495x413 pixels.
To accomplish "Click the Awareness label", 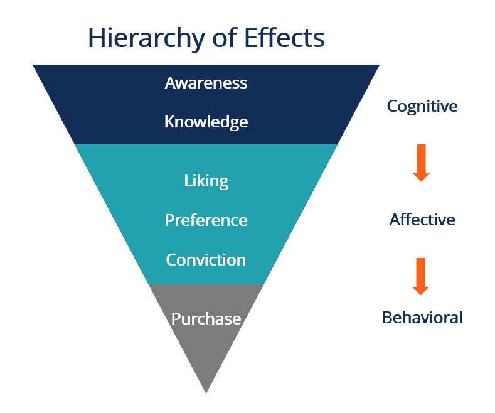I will [206, 83].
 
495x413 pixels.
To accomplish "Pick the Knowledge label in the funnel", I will [206, 122].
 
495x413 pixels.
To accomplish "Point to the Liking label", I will [206, 181].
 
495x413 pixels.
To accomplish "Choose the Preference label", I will [206, 221].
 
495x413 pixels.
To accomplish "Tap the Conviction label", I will [206, 260].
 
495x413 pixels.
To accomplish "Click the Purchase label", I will [206, 319].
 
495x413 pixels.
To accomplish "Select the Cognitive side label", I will [422, 106].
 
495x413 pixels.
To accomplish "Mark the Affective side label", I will [422, 220].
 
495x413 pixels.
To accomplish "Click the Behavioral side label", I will [422, 318].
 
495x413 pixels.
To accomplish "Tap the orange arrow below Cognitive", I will [421, 163].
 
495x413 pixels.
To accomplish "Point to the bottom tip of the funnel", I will [206, 392].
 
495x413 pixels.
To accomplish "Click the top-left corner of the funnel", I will [35, 65].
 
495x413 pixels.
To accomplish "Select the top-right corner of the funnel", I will [378, 65].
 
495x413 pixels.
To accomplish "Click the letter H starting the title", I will [95, 38].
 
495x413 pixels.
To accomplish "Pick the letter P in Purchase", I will [176, 319].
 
